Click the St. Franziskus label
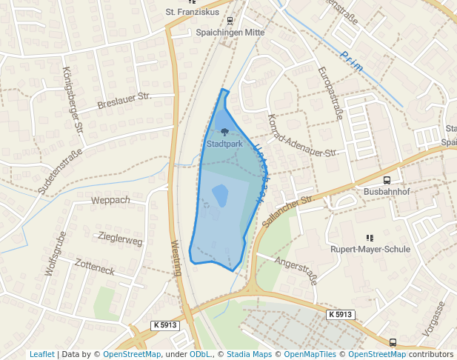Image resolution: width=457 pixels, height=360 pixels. click(x=192, y=12)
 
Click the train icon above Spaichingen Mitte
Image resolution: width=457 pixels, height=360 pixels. click(x=230, y=21)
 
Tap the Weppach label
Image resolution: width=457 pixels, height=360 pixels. click(x=110, y=200)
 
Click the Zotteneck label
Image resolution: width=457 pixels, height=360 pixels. click(x=95, y=268)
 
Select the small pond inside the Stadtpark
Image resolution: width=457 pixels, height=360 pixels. click(x=221, y=196)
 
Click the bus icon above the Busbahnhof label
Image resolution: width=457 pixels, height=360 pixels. click(x=387, y=180)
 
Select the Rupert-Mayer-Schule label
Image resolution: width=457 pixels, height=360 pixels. click(x=370, y=250)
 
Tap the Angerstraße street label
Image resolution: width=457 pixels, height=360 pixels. click(x=296, y=270)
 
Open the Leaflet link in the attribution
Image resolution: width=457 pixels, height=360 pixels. click(x=41, y=354)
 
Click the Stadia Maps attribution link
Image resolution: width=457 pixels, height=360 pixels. click(x=249, y=354)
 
